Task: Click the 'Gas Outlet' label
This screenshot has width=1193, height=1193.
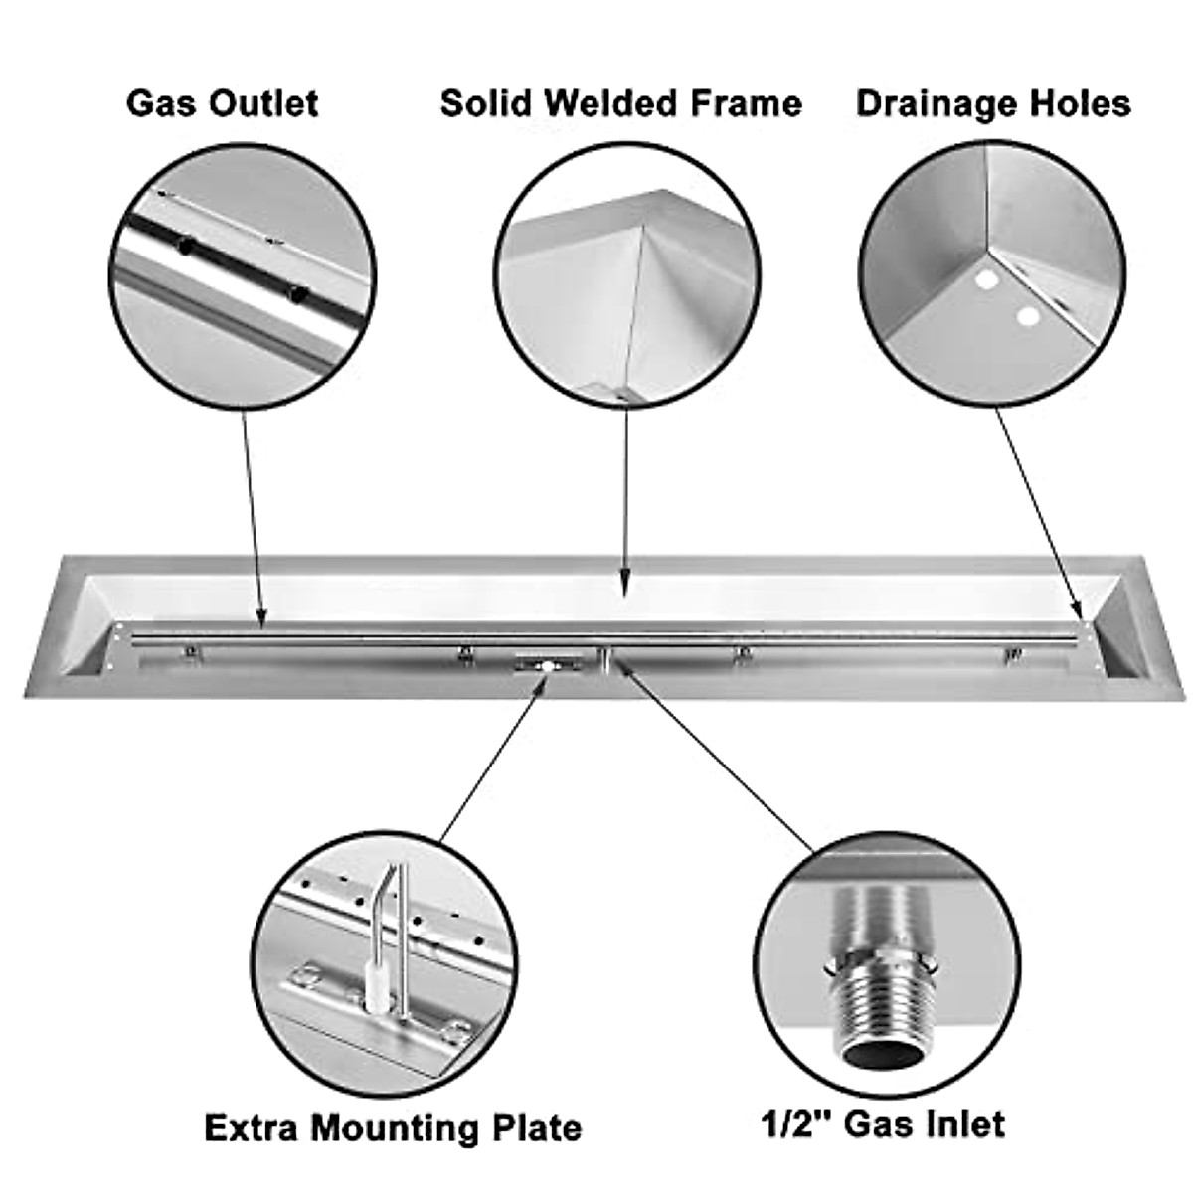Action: pyautogui.click(x=222, y=103)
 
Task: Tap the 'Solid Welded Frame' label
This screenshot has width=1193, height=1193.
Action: pyautogui.click(x=621, y=103)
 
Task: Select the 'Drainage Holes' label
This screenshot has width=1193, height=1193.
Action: pyautogui.click(x=993, y=103)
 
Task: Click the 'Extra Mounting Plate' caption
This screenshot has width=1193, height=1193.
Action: pyautogui.click(x=393, y=1128)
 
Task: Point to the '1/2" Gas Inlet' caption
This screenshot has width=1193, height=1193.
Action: pyautogui.click(x=883, y=1123)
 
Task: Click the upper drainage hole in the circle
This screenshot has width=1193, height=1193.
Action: pyautogui.click(x=986, y=281)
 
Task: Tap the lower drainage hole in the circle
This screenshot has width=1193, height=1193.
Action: pyautogui.click(x=1028, y=318)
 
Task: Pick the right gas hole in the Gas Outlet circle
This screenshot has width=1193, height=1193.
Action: pyautogui.click(x=295, y=294)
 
